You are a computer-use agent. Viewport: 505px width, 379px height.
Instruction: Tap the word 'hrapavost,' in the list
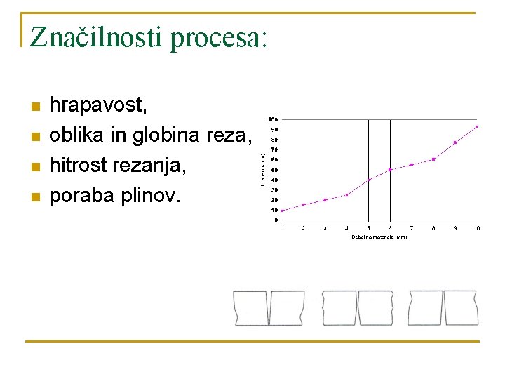(x=98, y=106)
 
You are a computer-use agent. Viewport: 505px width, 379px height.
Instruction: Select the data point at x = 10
(x=477, y=127)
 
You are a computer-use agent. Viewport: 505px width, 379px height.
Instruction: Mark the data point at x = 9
(x=455, y=142)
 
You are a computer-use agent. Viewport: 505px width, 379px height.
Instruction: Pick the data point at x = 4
(x=346, y=194)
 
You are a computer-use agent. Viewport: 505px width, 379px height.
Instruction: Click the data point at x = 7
(x=412, y=164)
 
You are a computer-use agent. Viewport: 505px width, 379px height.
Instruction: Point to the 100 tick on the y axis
(x=272, y=119)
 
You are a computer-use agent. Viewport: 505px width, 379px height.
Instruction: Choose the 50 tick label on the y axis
(x=274, y=169)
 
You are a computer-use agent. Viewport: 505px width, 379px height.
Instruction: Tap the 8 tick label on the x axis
(x=433, y=228)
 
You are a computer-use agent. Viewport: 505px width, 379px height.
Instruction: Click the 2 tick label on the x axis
(x=303, y=228)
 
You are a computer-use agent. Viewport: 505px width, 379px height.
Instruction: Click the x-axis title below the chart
(x=379, y=237)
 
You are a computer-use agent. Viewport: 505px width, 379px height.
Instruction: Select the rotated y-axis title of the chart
(x=262, y=169)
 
